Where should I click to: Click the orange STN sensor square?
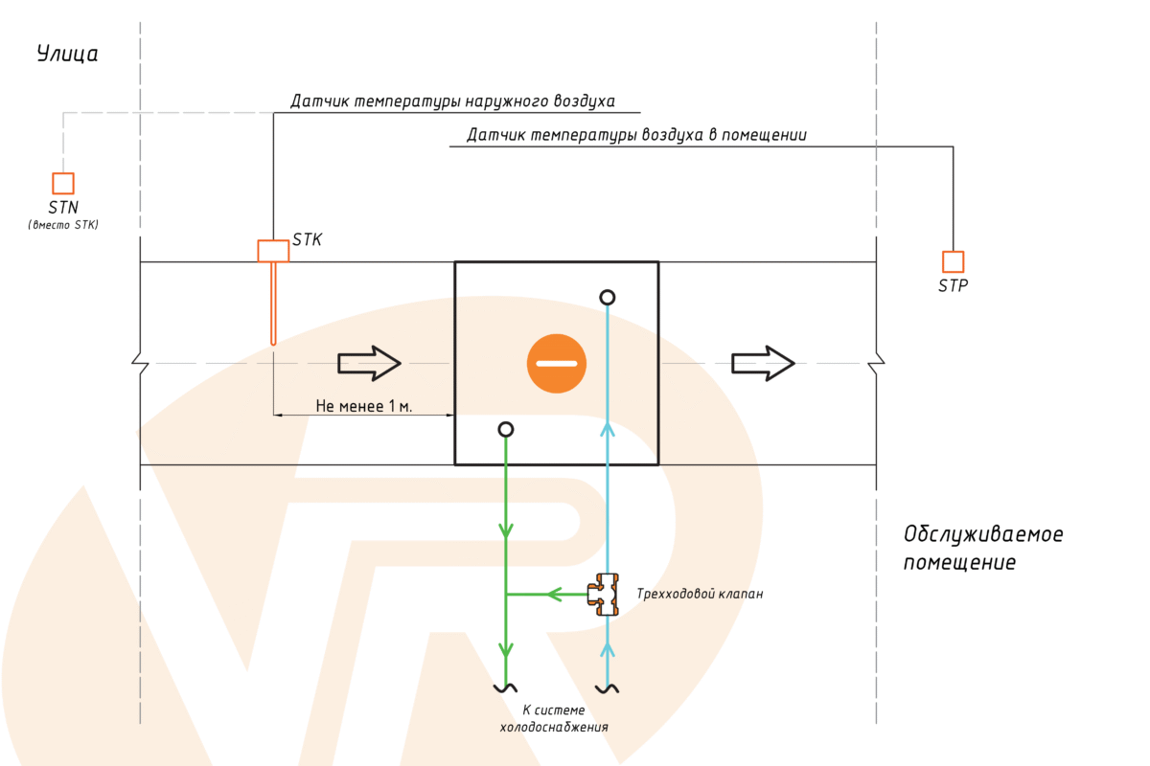click(x=63, y=183)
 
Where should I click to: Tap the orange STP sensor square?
click(x=953, y=261)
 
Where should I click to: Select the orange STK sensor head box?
click(x=273, y=251)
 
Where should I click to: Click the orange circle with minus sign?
click(x=556, y=364)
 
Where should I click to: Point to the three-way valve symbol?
click(x=605, y=595)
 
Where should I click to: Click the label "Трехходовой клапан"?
click(x=701, y=595)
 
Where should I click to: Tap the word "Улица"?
click(x=67, y=54)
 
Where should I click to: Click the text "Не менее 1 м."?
click(x=363, y=406)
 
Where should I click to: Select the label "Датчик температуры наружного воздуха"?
click(x=452, y=101)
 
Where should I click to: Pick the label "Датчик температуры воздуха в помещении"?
click(x=636, y=136)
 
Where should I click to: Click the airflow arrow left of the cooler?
click(x=369, y=363)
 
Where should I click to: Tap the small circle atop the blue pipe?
click(x=607, y=298)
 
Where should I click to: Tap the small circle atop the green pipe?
click(x=506, y=430)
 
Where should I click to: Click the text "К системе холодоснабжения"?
click(x=554, y=719)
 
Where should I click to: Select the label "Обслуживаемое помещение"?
click(x=983, y=548)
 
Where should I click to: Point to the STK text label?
click(x=307, y=240)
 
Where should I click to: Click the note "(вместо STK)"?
click(x=63, y=225)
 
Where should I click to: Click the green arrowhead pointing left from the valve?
click(x=554, y=595)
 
